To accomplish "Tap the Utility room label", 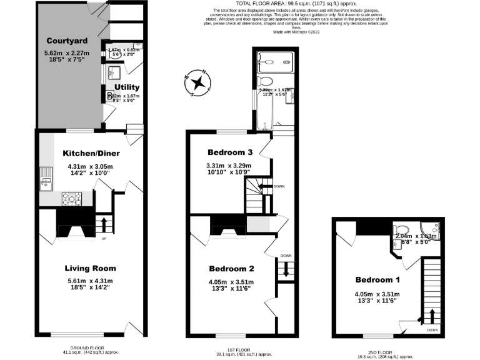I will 127,87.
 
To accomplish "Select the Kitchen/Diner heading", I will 91,153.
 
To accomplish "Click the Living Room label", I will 91,268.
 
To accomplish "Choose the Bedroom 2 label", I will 232,269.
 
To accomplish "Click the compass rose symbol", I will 198,82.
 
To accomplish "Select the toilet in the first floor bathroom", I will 266,82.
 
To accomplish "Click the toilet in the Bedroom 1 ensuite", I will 402,228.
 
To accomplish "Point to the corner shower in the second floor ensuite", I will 431,228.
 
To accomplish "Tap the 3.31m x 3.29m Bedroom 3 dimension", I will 231,166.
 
